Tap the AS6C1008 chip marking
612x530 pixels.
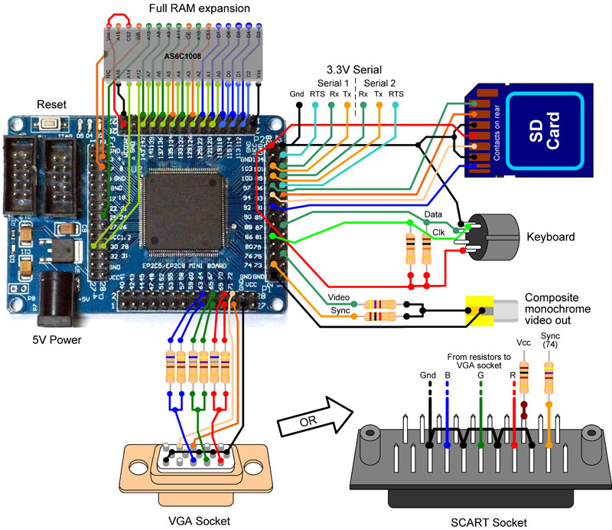tap(187, 57)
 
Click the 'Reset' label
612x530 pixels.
tap(51, 104)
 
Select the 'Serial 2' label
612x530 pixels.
tap(380, 83)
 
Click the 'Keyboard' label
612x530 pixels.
tap(550, 237)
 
